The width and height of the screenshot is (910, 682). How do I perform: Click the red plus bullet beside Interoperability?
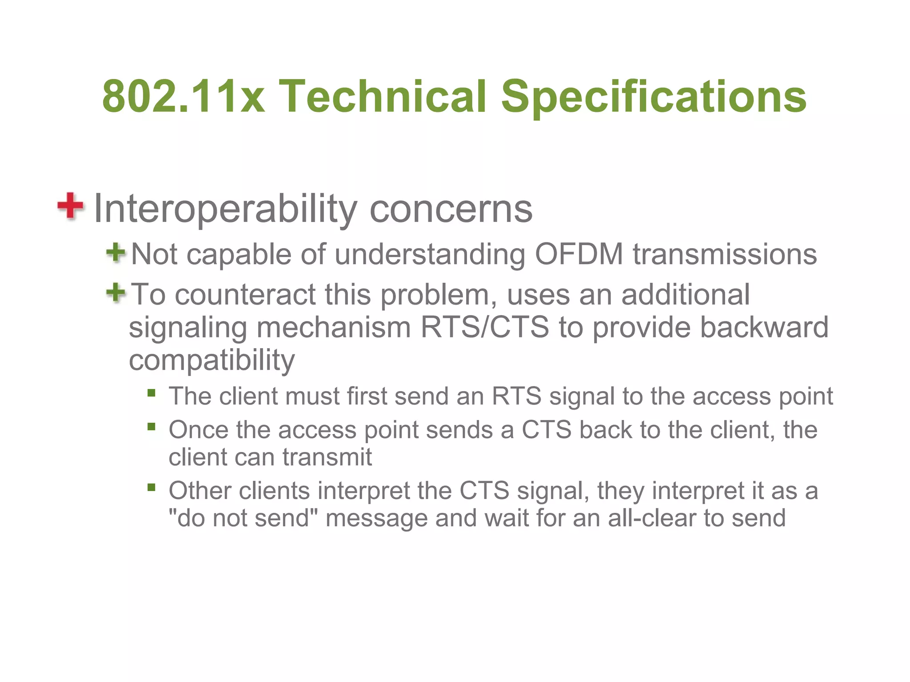pyautogui.click(x=70, y=206)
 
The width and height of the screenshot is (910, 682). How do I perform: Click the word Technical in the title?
pyautogui.click(x=383, y=96)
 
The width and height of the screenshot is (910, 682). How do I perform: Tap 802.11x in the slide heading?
pyautogui.click(x=184, y=96)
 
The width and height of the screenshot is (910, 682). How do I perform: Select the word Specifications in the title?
pyautogui.click(x=654, y=96)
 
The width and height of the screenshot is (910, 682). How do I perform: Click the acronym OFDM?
pyautogui.click(x=579, y=254)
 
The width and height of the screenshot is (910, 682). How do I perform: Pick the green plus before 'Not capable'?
pyautogui.click(x=116, y=253)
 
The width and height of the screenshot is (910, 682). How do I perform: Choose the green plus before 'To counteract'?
pyautogui.click(x=116, y=293)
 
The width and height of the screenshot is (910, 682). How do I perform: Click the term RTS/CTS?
pyautogui.click(x=485, y=327)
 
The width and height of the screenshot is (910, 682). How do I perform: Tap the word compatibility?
pyautogui.click(x=212, y=360)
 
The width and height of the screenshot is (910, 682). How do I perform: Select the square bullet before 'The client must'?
pyautogui.click(x=152, y=393)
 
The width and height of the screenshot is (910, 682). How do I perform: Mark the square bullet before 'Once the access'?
pyautogui.click(x=152, y=427)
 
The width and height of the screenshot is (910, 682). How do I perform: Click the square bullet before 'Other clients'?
pyautogui.click(x=152, y=488)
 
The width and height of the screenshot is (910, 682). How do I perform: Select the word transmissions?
pyautogui.click(x=725, y=254)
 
